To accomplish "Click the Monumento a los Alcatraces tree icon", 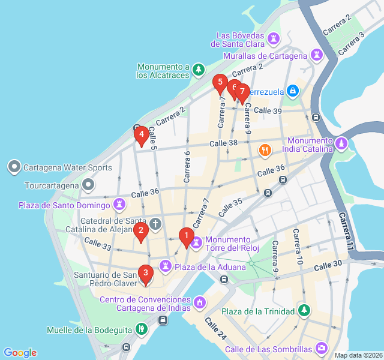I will click(x=199, y=71).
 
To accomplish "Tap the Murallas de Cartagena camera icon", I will click(x=316, y=56).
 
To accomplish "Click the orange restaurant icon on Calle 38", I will click(x=263, y=149).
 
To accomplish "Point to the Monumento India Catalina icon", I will click(x=341, y=144).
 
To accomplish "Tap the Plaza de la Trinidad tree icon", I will click(x=305, y=311).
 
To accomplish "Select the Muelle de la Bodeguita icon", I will click(x=141, y=329).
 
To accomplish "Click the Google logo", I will click(x=20, y=353).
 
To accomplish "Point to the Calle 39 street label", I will click(x=268, y=110).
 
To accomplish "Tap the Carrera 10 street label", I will click(x=298, y=246).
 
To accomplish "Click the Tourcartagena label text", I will click(x=52, y=185).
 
